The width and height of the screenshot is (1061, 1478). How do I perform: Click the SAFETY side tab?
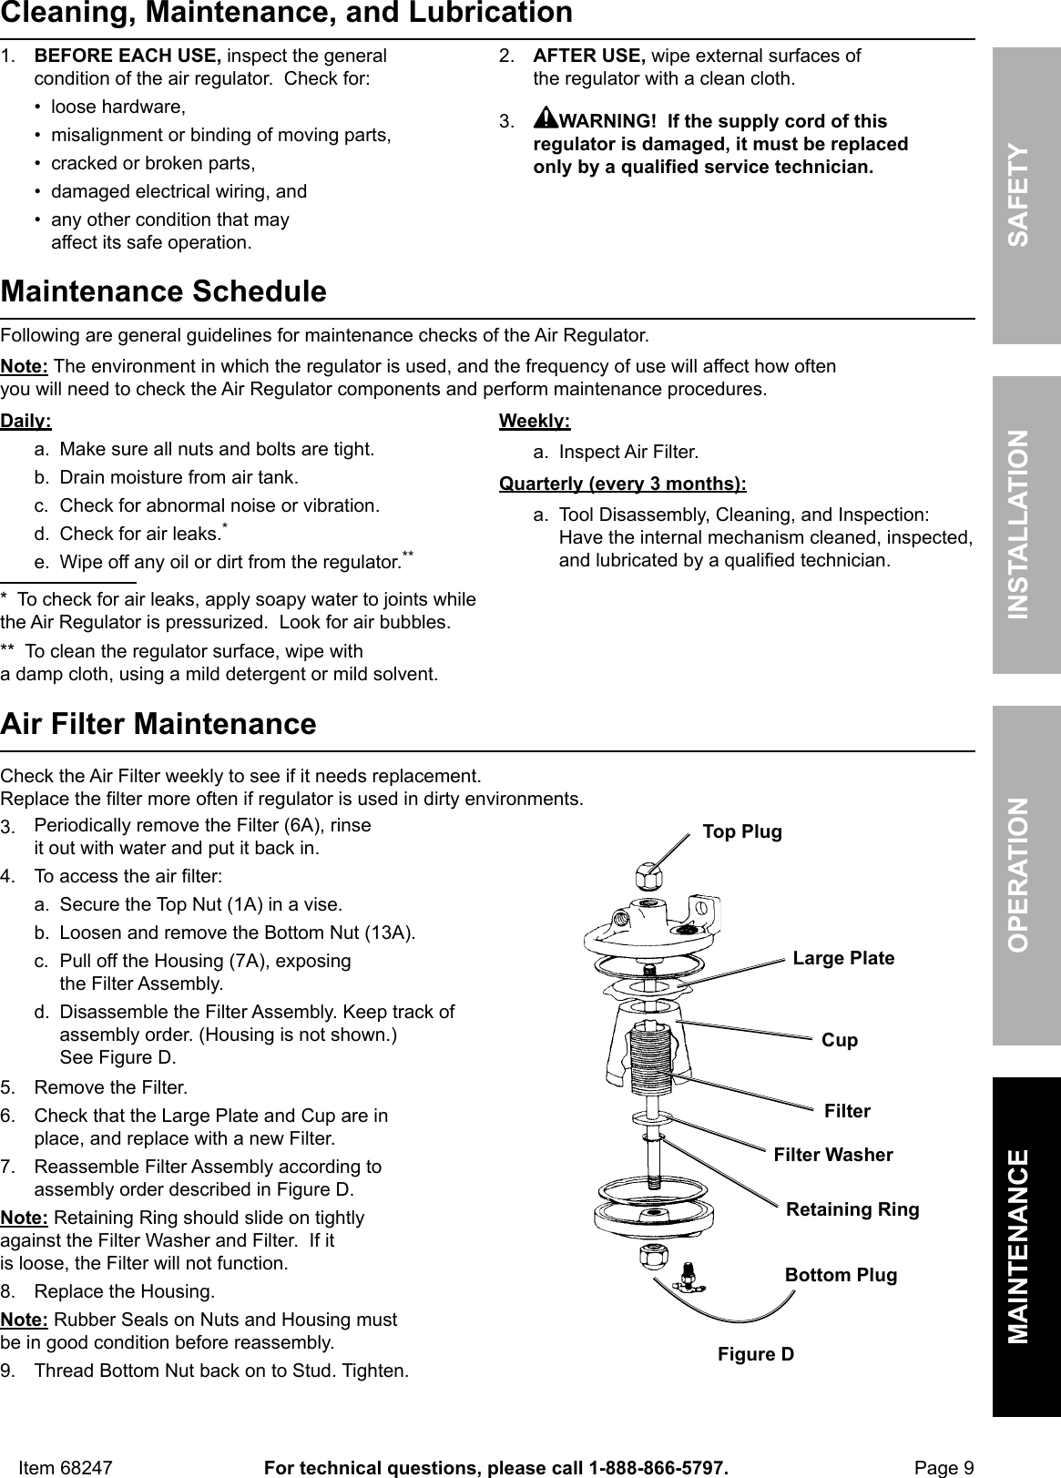[1026, 195]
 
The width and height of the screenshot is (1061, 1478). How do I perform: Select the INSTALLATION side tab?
[1026, 525]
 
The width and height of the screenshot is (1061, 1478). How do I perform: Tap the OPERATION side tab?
[1026, 873]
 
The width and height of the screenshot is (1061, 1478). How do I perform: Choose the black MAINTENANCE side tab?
[1026, 1246]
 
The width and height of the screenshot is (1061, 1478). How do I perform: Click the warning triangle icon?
[546, 119]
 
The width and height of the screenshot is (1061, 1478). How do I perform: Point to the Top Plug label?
[742, 831]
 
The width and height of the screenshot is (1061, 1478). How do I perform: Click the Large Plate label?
[843, 958]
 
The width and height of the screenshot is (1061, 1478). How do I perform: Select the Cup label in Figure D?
[840, 1040]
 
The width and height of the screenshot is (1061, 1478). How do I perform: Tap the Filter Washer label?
[833, 1155]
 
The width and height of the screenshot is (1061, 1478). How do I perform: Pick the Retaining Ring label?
[852, 1209]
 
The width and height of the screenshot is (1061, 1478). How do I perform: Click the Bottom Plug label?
[841, 1275]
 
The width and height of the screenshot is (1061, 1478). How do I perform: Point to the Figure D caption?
[756, 1354]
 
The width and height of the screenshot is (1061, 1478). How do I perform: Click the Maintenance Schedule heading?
[164, 292]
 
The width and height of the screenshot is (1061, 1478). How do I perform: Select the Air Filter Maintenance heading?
[159, 724]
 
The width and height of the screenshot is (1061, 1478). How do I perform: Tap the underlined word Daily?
[26, 422]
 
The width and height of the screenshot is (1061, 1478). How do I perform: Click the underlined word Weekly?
[536, 422]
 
